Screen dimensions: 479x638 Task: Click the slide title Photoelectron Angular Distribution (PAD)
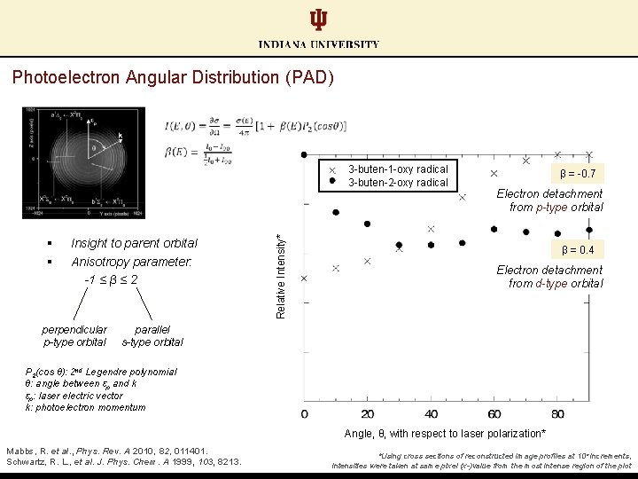[173, 77]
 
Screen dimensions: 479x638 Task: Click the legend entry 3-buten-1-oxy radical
[397, 169]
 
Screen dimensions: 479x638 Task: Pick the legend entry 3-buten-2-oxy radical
[397, 183]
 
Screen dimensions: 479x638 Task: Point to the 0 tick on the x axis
[305, 414]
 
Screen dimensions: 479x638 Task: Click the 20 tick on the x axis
[368, 414]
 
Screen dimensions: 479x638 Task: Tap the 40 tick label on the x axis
[431, 414]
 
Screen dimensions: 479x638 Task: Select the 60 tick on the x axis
[494, 414]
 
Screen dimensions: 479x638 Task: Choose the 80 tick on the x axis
[557, 414]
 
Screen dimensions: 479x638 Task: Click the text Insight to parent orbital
[134, 243]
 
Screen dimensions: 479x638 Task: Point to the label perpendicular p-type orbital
[75, 335]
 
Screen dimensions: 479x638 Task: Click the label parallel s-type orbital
[152, 335]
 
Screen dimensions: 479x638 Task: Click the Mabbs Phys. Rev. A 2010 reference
[107, 451]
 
